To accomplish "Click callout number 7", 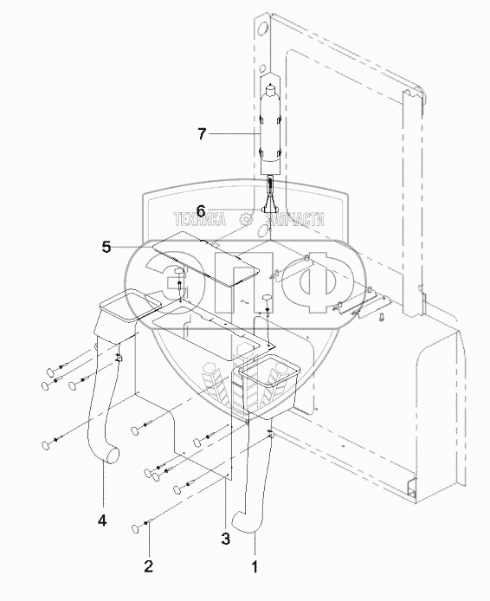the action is pos(202,134).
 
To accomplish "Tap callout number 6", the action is pos(201,210).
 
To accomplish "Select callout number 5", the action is pos(106,247).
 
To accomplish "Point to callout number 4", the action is pos(102,520).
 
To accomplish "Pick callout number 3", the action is pos(226,539).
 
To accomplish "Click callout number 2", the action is pos(149,565).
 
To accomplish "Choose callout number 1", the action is pos(255,565).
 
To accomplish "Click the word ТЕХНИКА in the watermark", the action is pos(200,220).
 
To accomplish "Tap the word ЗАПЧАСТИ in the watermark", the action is pos(294,220).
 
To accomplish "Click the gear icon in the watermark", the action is pos(246,219).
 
